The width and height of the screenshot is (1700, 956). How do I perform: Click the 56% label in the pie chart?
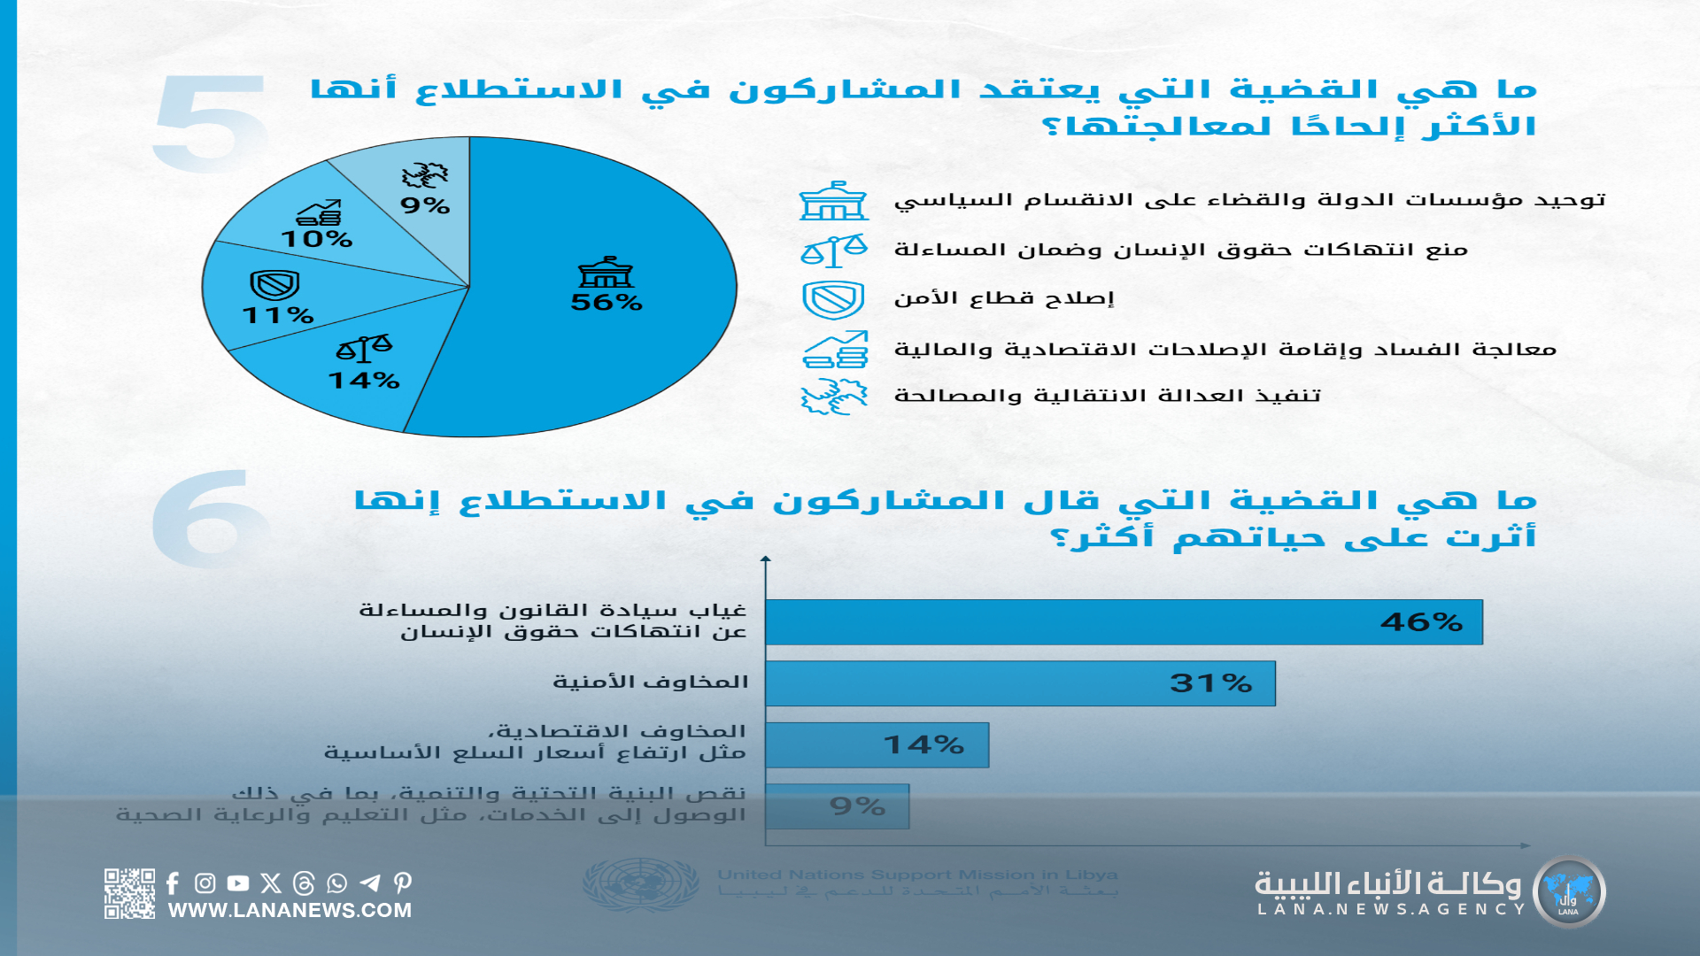point(607,303)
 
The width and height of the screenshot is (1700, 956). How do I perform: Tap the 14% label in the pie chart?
point(364,381)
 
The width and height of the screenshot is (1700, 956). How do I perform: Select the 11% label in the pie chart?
point(278,315)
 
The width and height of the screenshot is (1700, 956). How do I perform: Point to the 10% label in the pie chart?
point(317,239)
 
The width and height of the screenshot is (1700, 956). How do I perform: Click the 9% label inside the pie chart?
point(425,206)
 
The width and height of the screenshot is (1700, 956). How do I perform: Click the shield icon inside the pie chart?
point(274,285)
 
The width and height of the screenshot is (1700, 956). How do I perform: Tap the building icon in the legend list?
point(833,201)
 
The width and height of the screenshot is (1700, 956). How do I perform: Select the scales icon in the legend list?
point(833,251)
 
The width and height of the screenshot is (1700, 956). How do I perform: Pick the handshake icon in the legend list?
point(833,397)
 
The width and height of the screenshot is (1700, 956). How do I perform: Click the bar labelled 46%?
point(1123,622)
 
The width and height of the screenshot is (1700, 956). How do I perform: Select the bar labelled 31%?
point(1019,683)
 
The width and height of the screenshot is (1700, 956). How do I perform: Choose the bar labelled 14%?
point(877,745)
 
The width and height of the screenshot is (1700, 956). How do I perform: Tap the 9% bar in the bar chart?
point(837,806)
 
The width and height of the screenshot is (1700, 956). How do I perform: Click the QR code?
point(129,893)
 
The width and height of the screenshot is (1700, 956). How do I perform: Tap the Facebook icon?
point(173,883)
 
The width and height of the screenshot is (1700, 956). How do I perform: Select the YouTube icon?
point(237,883)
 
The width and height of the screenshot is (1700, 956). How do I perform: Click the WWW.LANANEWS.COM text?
point(290,911)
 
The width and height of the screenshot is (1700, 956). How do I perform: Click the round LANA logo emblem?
point(1568,892)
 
